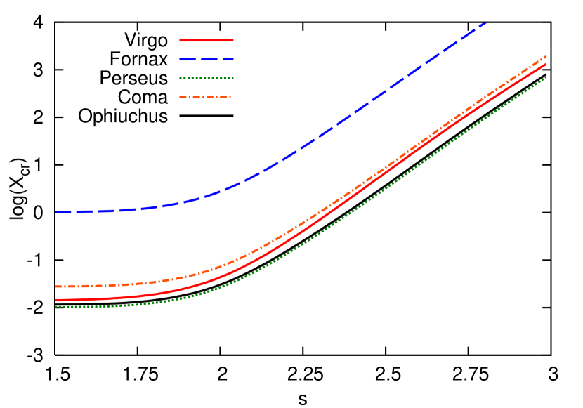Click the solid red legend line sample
tap(206, 40)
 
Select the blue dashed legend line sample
tap(206, 60)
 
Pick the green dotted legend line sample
tap(206, 78)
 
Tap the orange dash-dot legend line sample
tap(206, 97)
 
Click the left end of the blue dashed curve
tap(57, 211)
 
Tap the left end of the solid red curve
tap(57, 300)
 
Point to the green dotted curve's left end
tap(57, 307)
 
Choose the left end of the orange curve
tap(57, 287)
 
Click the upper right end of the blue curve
tap(485, 24)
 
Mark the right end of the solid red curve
tap(546, 65)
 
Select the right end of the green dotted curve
tap(546, 78)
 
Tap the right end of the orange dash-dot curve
tap(546, 57)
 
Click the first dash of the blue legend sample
tap(186, 60)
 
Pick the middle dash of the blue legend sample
tap(207, 60)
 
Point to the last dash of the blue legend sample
tap(227, 60)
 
